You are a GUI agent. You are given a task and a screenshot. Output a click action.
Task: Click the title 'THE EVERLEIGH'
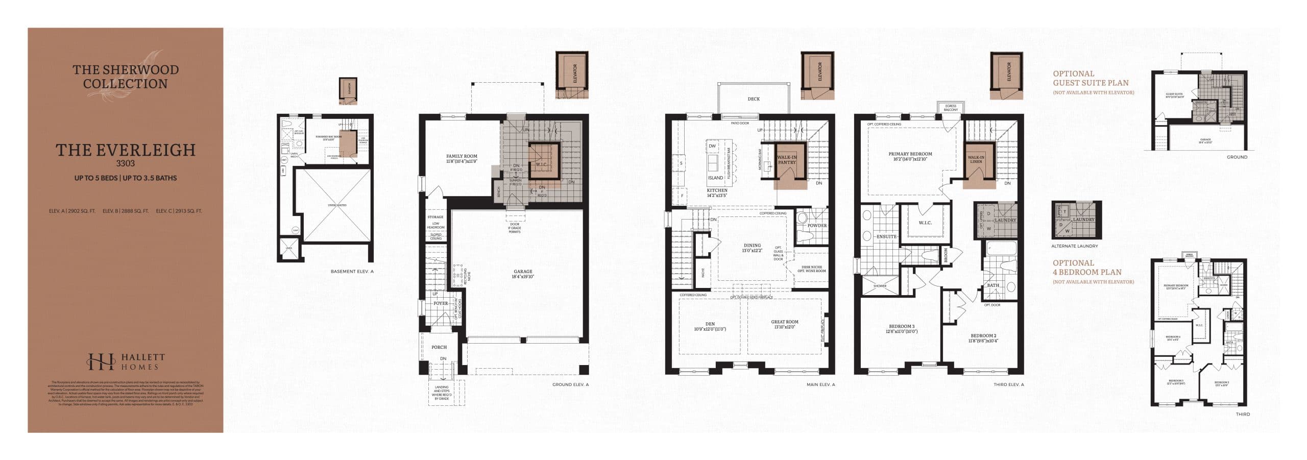pyautogui.click(x=125, y=150)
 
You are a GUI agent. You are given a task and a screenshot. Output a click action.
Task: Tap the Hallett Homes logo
pyautogui.click(x=125, y=361)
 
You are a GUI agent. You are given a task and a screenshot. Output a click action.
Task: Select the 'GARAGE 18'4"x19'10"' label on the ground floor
pyautogui.click(x=522, y=274)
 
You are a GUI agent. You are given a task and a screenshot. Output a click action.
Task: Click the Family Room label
pyautogui.click(x=461, y=159)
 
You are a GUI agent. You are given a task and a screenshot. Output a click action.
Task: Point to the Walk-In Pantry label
pyautogui.click(x=787, y=160)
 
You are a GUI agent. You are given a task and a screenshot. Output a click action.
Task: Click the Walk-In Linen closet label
pyautogui.click(x=976, y=159)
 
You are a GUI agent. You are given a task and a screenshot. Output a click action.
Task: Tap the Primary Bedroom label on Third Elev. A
pyautogui.click(x=910, y=156)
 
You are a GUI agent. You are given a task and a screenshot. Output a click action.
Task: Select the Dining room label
pyautogui.click(x=752, y=248)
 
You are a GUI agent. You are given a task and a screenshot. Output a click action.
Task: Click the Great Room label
pyautogui.click(x=784, y=324)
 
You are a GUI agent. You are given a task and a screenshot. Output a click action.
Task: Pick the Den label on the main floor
pyautogui.click(x=710, y=326)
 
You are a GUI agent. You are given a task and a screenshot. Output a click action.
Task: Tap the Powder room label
pyautogui.click(x=817, y=225)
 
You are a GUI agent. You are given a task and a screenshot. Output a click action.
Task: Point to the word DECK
pyautogui.click(x=754, y=99)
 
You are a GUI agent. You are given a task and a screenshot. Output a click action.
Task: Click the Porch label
pyautogui.click(x=439, y=347)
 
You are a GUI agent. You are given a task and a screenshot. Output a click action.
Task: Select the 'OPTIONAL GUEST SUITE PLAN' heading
pyautogui.click(x=1091, y=78)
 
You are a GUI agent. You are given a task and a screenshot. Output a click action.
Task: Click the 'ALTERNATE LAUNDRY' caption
pyautogui.click(x=1074, y=246)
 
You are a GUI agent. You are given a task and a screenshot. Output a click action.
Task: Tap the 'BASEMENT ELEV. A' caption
pyautogui.click(x=352, y=272)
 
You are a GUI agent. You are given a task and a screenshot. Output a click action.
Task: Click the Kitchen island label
pyautogui.click(x=715, y=178)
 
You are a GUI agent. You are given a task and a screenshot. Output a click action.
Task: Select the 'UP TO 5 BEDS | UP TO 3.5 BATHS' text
pyautogui.click(x=125, y=178)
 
